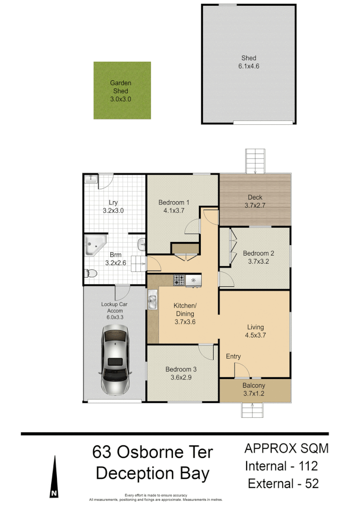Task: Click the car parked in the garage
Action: (x=115, y=359)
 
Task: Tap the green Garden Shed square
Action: (x=122, y=90)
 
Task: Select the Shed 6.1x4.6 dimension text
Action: (x=249, y=66)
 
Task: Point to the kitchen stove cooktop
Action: (x=179, y=280)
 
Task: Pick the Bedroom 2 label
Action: (x=258, y=253)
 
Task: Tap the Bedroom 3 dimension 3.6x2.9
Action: (x=181, y=378)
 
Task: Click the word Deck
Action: (x=255, y=197)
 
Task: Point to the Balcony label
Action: (x=254, y=386)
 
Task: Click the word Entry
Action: (x=233, y=357)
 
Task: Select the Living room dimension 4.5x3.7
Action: (x=256, y=335)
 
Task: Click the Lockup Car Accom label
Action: (x=114, y=307)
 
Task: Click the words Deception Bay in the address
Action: (x=153, y=473)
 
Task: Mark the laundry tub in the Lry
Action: (x=91, y=179)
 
